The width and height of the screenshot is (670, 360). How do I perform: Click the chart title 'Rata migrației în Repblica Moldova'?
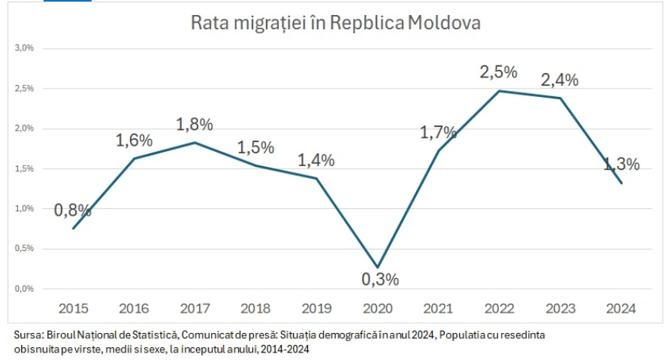click(x=336, y=23)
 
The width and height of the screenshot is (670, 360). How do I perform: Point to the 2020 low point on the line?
click(x=377, y=267)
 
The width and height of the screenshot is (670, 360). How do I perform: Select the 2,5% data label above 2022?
click(x=499, y=72)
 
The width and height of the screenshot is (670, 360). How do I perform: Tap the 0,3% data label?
click(x=380, y=280)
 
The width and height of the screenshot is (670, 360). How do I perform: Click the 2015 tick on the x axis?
click(x=73, y=308)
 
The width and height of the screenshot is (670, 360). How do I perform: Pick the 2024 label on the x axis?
click(x=620, y=308)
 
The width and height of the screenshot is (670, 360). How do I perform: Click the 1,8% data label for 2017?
click(x=195, y=124)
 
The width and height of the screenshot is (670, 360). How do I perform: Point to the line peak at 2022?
click(x=499, y=91)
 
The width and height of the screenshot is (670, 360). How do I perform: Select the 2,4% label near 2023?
click(x=560, y=80)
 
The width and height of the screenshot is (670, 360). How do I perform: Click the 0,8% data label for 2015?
click(x=72, y=210)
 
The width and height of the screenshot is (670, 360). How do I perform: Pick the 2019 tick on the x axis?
click(x=316, y=308)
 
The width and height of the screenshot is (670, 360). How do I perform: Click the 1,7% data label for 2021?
click(x=439, y=132)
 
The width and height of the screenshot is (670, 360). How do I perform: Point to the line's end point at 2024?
click(x=621, y=183)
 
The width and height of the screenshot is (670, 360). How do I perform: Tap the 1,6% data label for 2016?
click(x=134, y=140)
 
